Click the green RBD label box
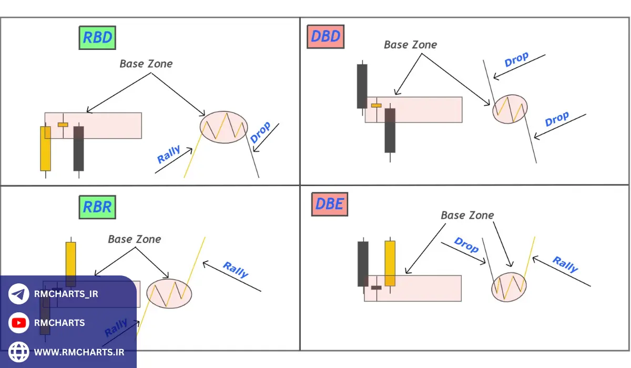[97, 38]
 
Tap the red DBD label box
[326, 37]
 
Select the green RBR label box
[97, 207]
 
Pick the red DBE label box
[330, 204]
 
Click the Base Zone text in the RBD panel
[146, 64]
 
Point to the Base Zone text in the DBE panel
[467, 215]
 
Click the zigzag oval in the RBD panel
[223, 127]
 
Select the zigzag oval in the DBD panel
[510, 109]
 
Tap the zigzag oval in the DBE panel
[508, 287]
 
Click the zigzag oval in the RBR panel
[169, 293]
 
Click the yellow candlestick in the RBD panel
[46, 148]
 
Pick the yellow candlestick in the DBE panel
[390, 263]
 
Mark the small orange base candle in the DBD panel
[376, 106]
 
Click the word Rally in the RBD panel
[169, 155]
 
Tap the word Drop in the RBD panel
[260, 132]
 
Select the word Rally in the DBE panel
[565, 264]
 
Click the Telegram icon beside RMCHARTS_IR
[19, 294]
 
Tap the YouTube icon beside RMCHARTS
[19, 323]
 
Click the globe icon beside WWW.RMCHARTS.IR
[19, 352]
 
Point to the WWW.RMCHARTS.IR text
[79, 352]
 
